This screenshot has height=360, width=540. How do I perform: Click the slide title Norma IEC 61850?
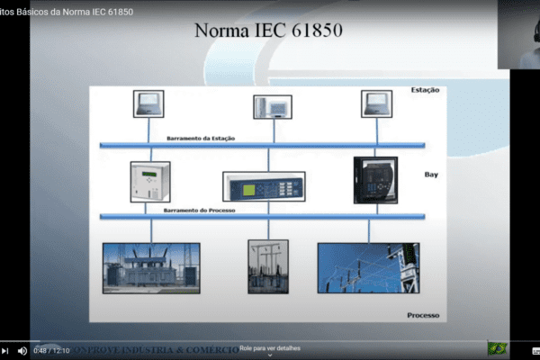268,31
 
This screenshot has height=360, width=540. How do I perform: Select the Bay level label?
430,175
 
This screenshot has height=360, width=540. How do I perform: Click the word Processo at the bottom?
422,315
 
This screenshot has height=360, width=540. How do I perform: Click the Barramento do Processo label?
199,210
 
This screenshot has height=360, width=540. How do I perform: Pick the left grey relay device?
149,183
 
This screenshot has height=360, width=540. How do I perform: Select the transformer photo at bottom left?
151,267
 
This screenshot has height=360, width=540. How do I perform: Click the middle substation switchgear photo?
268,266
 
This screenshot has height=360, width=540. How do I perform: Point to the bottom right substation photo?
368,267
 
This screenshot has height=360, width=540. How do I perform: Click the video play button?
4,351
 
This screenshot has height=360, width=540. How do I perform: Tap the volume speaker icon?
22,351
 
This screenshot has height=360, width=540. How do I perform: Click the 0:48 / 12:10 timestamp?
52,351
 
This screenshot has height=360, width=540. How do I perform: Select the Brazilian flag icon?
497,348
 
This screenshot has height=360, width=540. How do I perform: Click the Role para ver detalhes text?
269,348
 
